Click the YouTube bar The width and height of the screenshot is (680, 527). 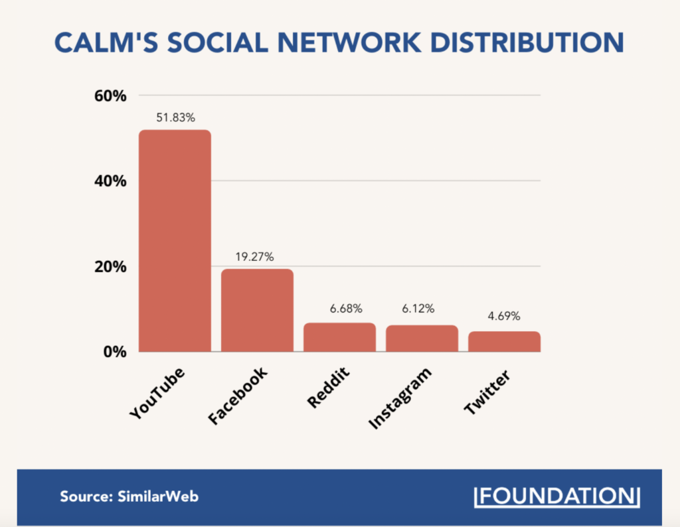pyautogui.click(x=175, y=240)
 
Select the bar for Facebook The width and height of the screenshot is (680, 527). pyautogui.click(x=257, y=310)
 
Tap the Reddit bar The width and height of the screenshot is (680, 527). pyautogui.click(x=339, y=337)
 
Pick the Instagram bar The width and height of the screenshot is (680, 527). pyautogui.click(x=422, y=339)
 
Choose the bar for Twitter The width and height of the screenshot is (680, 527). pyautogui.click(x=504, y=341)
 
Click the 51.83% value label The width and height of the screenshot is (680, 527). pyautogui.click(x=175, y=117)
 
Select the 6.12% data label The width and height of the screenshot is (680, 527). pyautogui.click(x=418, y=309)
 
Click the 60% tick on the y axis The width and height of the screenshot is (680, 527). pyautogui.click(x=109, y=96)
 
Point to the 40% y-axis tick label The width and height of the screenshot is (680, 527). pyautogui.click(x=109, y=181)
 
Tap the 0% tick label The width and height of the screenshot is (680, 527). pyautogui.click(x=114, y=352)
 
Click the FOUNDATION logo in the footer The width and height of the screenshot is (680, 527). pyautogui.click(x=557, y=496)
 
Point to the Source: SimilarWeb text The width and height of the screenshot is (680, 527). pyautogui.click(x=129, y=496)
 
